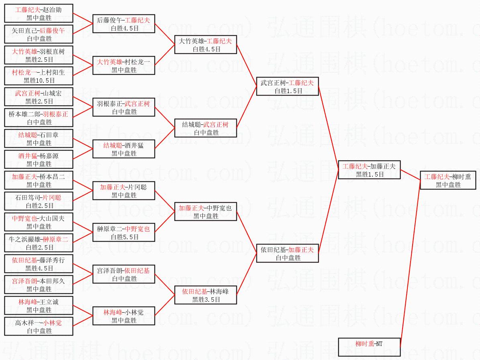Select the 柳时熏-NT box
click(x=369, y=347)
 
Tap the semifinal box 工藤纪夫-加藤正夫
click(x=369, y=170)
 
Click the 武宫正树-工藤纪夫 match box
click(x=287, y=86)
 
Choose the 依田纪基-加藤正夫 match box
click(x=287, y=253)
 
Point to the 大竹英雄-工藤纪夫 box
click(x=205, y=45)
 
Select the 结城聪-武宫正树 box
click(x=205, y=128)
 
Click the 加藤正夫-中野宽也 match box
click(x=205, y=212)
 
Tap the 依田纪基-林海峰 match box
click(x=205, y=295)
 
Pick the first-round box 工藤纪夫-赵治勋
click(x=39, y=13)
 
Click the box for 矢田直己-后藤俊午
click(x=39, y=34)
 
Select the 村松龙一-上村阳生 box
click(x=39, y=76)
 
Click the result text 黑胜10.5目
click(x=39, y=80)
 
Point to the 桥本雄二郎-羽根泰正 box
click(x=39, y=118)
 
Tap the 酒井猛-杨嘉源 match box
click(x=39, y=159)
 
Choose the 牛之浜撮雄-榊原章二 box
click(x=39, y=243)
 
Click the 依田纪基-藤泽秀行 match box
click(x=39, y=264)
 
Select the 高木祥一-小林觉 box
click(x=39, y=326)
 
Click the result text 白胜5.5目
click(x=124, y=237)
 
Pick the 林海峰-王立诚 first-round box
click(x=39, y=305)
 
